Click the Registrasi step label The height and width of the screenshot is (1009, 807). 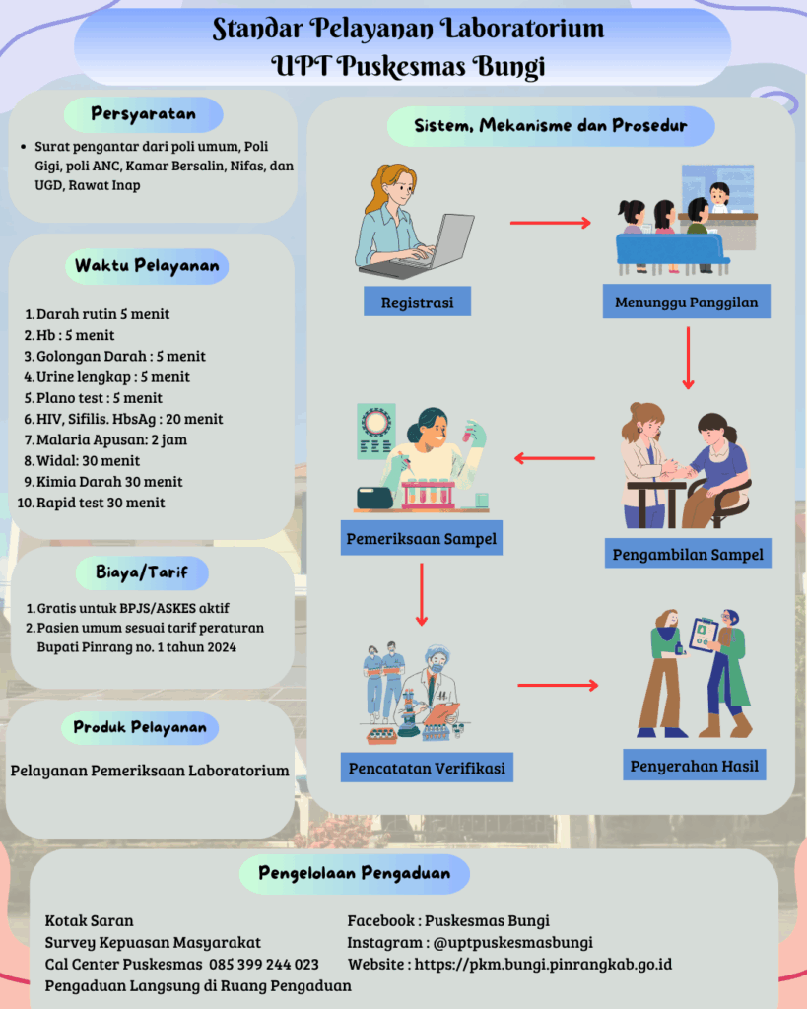[x=418, y=303]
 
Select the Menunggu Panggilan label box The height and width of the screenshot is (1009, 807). [x=687, y=303]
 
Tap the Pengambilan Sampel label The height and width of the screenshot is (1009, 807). [x=688, y=554]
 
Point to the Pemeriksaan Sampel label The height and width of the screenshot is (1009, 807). [x=422, y=540]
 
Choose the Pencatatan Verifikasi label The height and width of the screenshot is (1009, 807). [x=427, y=767]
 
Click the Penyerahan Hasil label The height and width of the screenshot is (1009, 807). [x=694, y=765]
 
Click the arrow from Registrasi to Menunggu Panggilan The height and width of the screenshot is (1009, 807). [x=550, y=223]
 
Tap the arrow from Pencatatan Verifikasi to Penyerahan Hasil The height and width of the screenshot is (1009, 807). [x=558, y=684]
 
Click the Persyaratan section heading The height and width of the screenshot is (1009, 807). [x=144, y=114]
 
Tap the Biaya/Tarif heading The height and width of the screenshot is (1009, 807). [x=144, y=571]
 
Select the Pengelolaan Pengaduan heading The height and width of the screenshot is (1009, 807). [x=354, y=873]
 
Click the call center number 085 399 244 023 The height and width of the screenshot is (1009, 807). [x=263, y=964]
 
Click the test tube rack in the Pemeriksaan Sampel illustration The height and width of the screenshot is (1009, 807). [x=434, y=492]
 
